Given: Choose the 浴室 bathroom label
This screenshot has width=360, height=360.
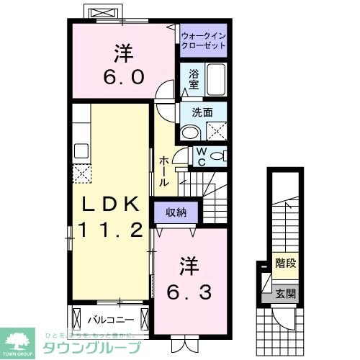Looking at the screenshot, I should (194, 78).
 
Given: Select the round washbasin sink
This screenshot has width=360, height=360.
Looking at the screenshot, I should (189, 132).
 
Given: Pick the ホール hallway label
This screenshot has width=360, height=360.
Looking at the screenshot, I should (164, 171).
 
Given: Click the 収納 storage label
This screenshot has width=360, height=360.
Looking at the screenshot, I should (176, 212).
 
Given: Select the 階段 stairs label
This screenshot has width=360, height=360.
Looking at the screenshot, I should (285, 264).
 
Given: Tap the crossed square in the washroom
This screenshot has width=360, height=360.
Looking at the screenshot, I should (215, 130).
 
